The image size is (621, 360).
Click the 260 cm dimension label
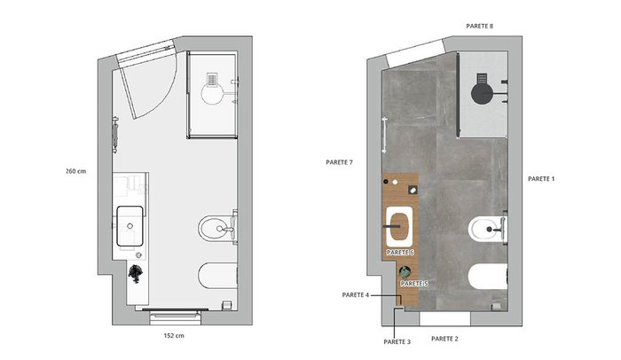pyautogui.click(x=75, y=171)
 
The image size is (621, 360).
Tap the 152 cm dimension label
pyautogui.click(x=174, y=336)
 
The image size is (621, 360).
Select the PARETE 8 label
pyautogui.click(x=480, y=26)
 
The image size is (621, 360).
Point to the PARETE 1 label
pyautogui.click(x=541, y=179)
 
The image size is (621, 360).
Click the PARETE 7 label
pyautogui.click(x=340, y=162)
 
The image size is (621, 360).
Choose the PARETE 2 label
pyautogui.click(x=444, y=339)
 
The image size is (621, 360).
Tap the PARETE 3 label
pyautogui.click(x=397, y=341)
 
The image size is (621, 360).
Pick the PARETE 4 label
pyautogui.click(x=356, y=295)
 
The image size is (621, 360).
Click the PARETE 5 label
pyautogui.click(x=414, y=284)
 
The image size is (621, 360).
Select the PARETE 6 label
pyautogui.click(x=400, y=253)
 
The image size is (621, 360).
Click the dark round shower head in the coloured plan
pyautogui.click(x=482, y=93)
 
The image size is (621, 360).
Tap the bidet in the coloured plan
pyautogui.click(x=487, y=229)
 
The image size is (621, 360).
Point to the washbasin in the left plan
pyautogui.click(x=130, y=226)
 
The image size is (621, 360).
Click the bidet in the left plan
pyautogui.click(x=216, y=229)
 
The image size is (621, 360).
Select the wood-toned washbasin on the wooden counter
pyautogui.click(x=399, y=227)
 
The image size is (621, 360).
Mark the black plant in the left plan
pyautogui.click(x=135, y=273)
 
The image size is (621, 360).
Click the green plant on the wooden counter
pyautogui.click(x=405, y=272)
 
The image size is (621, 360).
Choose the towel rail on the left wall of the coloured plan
pyautogui.click(x=383, y=135)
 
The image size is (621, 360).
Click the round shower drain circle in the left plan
pyautogui.click(x=212, y=93)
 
